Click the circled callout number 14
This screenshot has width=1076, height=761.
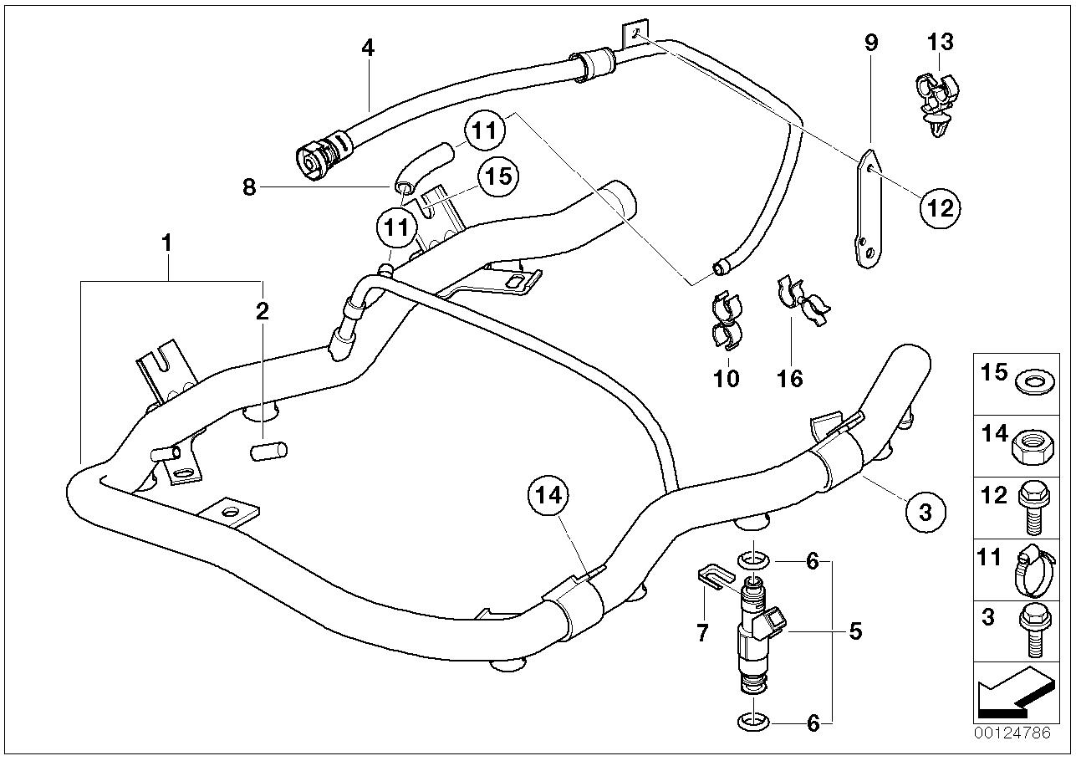coord(548,495)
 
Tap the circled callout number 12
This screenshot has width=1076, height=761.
coord(940,207)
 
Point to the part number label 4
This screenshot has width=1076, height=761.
coord(368,48)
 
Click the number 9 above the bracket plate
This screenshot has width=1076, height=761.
coord(871,42)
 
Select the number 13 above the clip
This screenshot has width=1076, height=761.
coord(940,41)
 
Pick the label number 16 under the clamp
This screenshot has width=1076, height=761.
coord(789,378)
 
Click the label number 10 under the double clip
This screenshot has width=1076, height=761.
coord(727,378)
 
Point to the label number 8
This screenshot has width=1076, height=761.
coord(249,187)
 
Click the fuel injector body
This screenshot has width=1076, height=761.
coord(753,639)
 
